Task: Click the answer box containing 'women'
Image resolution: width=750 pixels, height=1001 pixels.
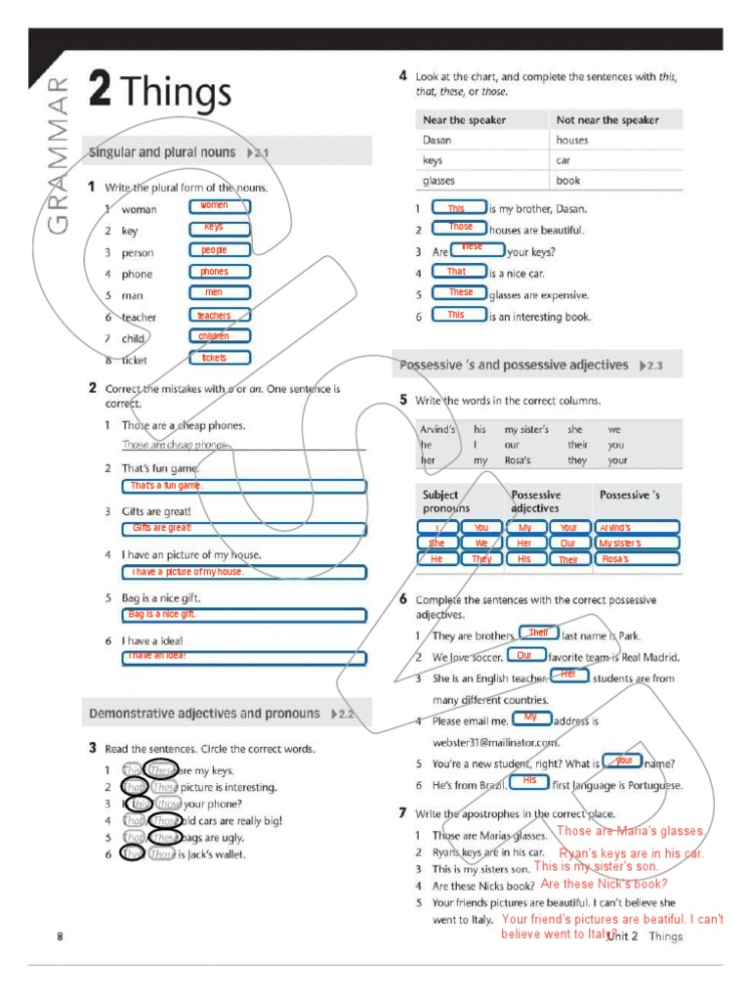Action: [x=219, y=206]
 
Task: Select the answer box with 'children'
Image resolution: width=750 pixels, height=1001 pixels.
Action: [x=219, y=336]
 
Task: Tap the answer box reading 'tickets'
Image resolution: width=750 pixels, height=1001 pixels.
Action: [x=219, y=358]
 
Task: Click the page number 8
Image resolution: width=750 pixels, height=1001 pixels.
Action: [x=60, y=936]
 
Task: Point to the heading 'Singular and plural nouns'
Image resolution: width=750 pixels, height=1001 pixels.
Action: [x=162, y=152]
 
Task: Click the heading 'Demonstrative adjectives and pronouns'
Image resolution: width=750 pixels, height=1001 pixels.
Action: [x=204, y=714]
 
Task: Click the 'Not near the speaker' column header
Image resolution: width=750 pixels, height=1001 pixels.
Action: [x=606, y=120]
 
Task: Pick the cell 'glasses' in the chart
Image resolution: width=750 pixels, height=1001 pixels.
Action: [x=438, y=181]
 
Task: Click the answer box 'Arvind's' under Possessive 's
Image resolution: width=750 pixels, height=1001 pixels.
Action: [x=637, y=528]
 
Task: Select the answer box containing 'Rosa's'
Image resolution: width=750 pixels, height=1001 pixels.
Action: [x=637, y=559]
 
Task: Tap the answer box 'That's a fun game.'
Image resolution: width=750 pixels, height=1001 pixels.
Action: [x=244, y=486]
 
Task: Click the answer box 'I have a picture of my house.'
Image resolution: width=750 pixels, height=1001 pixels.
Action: [x=244, y=572]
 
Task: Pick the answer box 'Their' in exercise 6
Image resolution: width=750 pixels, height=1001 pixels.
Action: [x=538, y=633]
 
